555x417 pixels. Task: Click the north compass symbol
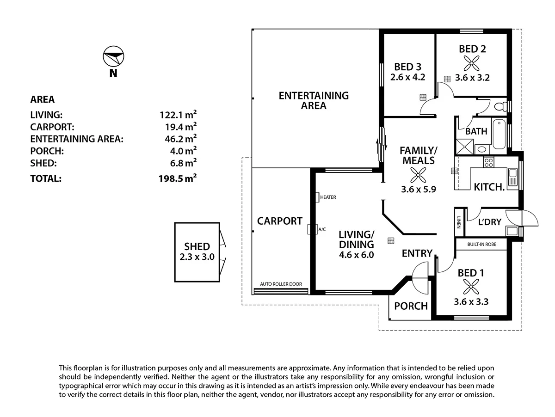click(113, 57)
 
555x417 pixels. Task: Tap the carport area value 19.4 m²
click(178, 126)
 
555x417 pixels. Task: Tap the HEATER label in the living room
click(327, 197)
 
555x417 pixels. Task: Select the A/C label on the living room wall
click(322, 229)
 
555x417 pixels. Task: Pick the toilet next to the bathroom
click(500, 107)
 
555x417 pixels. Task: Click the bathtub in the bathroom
click(499, 135)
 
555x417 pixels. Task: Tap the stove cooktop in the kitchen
click(488, 162)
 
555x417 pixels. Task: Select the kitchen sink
click(512, 178)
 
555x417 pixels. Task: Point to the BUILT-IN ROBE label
click(481, 244)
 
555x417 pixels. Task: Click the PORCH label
click(411, 306)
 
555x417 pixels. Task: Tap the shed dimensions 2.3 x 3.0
click(197, 258)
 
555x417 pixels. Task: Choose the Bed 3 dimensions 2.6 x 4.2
click(407, 77)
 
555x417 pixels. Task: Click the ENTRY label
click(417, 253)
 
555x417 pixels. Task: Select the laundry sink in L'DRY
click(512, 231)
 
